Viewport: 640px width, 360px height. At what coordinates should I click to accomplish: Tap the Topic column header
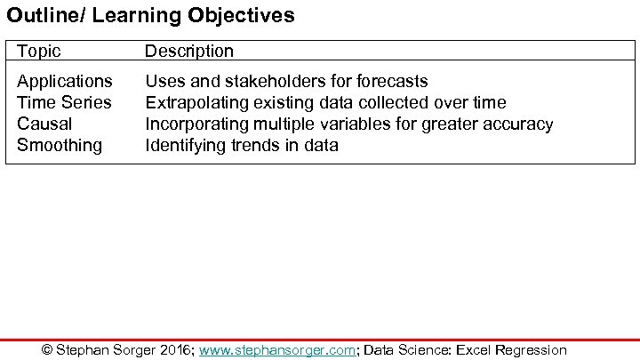coord(39,52)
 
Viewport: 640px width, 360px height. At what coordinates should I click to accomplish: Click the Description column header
coord(188,52)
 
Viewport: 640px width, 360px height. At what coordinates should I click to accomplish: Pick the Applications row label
coord(65,82)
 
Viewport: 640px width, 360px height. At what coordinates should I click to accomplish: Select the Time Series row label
coord(64,102)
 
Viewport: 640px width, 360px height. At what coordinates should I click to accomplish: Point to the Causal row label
coord(44,124)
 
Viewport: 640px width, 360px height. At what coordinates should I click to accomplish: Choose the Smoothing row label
coord(60,145)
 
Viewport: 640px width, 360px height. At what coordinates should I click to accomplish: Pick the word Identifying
coord(183,145)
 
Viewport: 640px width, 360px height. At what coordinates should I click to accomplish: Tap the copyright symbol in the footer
coord(48,350)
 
